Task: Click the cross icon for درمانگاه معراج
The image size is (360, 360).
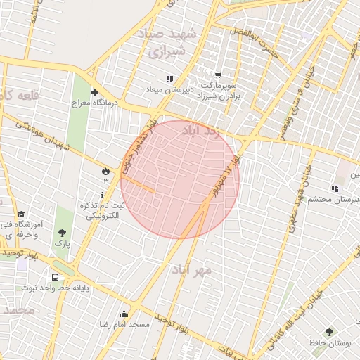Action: (x=94, y=92)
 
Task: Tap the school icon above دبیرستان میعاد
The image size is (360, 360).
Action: (x=169, y=79)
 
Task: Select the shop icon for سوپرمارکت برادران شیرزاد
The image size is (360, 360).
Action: (x=218, y=75)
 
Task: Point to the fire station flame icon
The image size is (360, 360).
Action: (x=105, y=170)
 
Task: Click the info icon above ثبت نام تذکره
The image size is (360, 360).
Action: (x=103, y=195)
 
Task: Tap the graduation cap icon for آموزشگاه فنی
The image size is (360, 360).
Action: (x=21, y=214)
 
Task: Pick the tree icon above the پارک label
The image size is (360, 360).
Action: (x=63, y=233)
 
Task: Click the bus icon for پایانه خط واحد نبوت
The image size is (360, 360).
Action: (x=55, y=276)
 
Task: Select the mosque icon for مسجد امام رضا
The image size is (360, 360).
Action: (x=124, y=314)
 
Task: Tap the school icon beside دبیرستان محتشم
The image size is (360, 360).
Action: (x=335, y=188)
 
